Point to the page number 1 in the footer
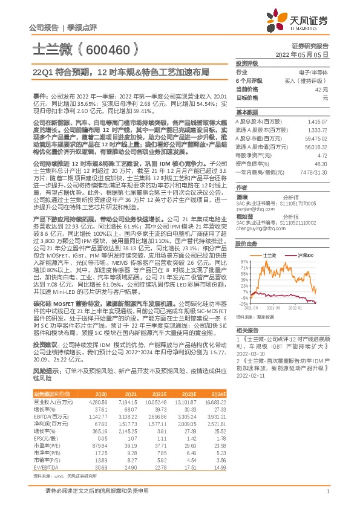327,498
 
